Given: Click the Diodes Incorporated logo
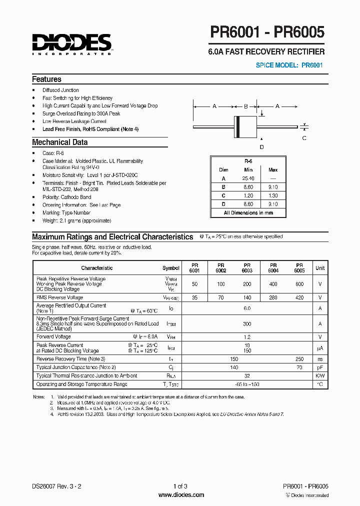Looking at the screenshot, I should coord(71,43).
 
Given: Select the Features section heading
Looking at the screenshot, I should coord(46,79).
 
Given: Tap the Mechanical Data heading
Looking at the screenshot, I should coord(59,142).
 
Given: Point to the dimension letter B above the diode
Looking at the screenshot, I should coord(245,106).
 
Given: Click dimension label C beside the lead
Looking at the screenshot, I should coord(304,138).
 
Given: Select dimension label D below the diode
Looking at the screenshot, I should coord(261,147).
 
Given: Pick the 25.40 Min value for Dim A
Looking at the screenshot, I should coord(248,178).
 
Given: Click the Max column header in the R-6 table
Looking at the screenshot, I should coord(273,170).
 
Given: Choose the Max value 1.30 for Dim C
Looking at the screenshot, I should coord(273,195).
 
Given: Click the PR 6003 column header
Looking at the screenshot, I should coord(247,268).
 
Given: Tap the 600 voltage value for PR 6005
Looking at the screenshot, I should coord(299,284).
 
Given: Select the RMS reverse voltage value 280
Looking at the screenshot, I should coord(273,297).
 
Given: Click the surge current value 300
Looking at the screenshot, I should coord(247,324).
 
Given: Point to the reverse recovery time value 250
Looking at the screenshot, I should coord(299,359).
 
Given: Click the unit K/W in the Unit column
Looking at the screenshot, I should coord(320,375).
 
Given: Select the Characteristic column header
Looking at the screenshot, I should coord(97,268).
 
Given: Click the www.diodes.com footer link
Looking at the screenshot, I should coord(181,495).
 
